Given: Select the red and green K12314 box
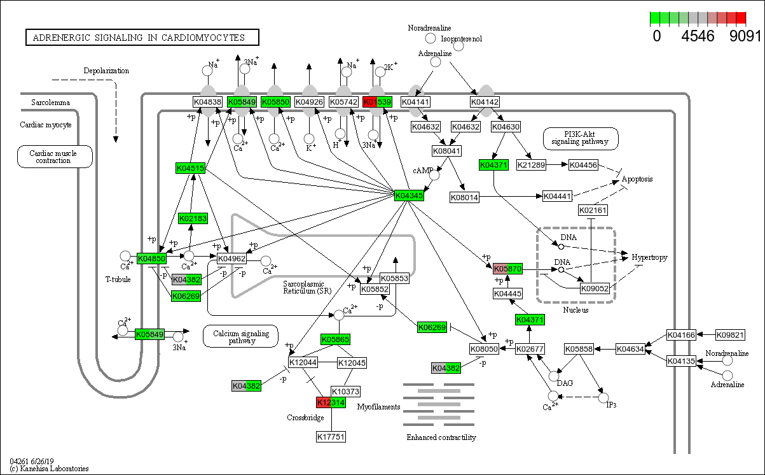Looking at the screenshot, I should (331, 402).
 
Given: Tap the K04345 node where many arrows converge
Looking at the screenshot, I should (409, 195).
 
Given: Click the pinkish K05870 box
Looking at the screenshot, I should (507, 269).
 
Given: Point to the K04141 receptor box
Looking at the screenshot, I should (417, 102).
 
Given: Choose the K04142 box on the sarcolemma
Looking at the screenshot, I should (485, 102).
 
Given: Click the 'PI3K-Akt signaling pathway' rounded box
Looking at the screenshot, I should (581, 138).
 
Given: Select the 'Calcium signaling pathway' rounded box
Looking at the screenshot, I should (241, 336).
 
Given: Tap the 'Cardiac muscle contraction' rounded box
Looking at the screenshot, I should (55, 157).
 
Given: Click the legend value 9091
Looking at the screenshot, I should (745, 36).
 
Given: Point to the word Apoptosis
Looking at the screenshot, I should (637, 180).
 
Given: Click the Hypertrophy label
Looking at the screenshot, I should (649, 257).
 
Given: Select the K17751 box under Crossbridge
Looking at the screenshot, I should (331, 436).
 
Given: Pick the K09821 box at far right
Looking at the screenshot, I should (731, 334).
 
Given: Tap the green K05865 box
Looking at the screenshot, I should (335, 339).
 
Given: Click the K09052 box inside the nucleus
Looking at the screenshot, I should (595, 288).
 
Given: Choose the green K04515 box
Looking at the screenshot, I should (190, 168).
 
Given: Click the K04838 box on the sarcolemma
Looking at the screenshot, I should (207, 102).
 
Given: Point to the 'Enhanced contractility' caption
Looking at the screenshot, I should (441, 437).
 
